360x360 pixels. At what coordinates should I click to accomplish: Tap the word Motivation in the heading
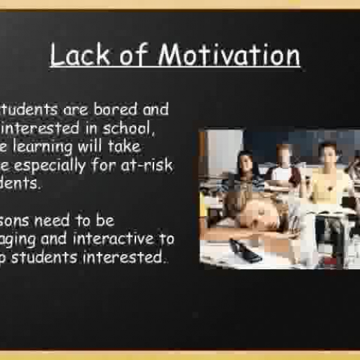point(229,55)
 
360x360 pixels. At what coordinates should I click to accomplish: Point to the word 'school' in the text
point(132,127)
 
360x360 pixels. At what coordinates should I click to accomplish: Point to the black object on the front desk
point(246,250)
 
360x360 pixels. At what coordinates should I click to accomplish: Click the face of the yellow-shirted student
point(329,154)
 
